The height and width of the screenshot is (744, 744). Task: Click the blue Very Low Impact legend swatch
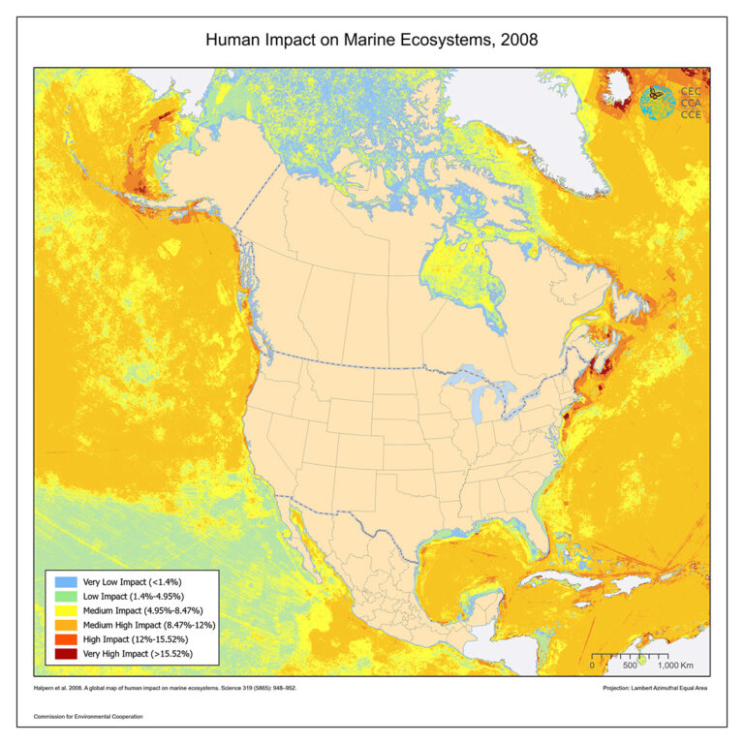[65, 580]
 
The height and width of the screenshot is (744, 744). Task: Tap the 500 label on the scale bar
[629, 666]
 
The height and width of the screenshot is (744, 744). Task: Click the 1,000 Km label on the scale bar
[678, 666]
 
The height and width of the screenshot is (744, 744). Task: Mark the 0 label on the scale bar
[593, 666]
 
